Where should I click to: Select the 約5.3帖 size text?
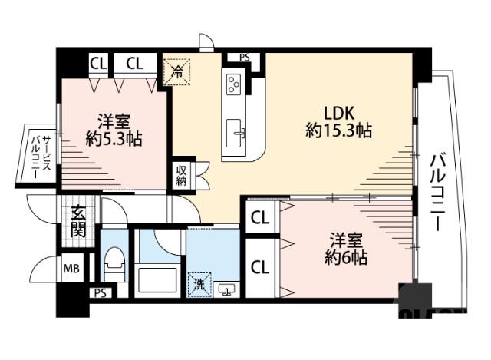coord(113,139)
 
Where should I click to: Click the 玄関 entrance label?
coord(78,220)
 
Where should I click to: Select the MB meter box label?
coord(71,269)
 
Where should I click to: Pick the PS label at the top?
coord(244,57)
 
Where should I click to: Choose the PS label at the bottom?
coord(99,293)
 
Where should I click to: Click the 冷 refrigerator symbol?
coord(176,74)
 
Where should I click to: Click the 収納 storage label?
coord(181,176)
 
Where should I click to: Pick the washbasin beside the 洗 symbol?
coord(226,289)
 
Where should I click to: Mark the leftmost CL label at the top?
coord(97,63)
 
